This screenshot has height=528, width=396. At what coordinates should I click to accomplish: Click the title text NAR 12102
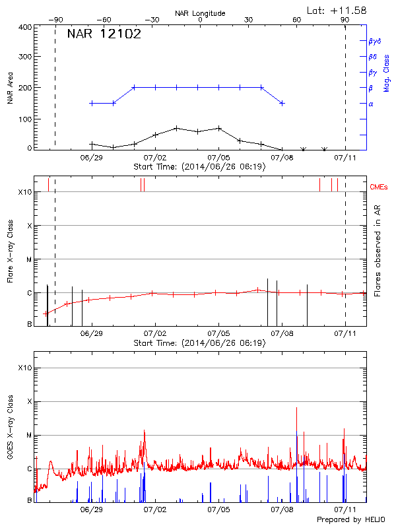[104, 35]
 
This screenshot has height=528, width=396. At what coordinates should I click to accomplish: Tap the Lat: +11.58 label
[337, 10]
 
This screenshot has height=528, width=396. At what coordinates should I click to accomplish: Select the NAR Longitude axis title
[200, 13]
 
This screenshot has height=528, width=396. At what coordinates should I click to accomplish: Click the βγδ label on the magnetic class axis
[374, 41]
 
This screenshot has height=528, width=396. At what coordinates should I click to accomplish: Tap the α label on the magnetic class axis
[371, 104]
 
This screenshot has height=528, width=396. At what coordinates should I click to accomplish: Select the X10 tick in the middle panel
[25, 192]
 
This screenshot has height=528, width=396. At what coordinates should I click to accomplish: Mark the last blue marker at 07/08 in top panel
[282, 104]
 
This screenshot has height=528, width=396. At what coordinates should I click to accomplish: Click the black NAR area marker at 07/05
[219, 128]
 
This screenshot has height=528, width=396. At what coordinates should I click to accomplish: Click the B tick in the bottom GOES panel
[29, 500]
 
